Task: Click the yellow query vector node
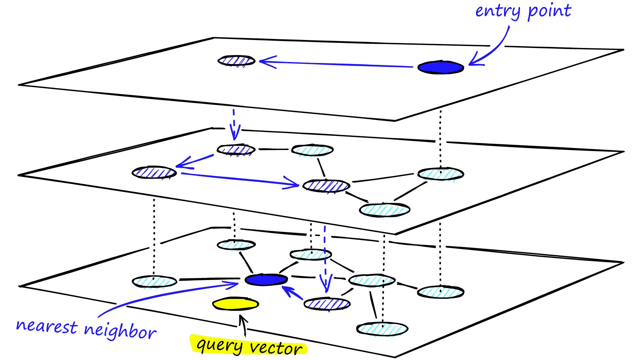coord(235,304)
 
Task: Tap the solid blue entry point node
coord(440,67)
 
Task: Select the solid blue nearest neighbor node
coord(266,280)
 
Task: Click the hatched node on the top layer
coord(236,61)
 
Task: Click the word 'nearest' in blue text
coord(47,326)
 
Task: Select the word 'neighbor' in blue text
coord(120,331)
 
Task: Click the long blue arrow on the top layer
coord(333,64)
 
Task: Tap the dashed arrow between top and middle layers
coord(234,125)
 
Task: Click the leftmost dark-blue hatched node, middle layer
coord(154,172)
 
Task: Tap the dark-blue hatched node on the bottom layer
coord(327,304)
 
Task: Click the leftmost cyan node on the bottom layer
coord(154,282)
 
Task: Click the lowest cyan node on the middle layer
coord(384,210)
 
